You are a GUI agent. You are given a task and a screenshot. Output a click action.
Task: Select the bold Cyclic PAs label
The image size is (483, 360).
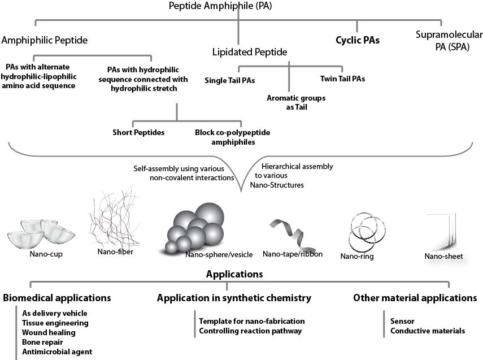point(357,41)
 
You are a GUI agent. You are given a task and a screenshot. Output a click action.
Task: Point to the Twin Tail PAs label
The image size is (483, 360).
point(342,79)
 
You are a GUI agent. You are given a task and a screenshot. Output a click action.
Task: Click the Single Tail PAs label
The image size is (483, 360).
point(229,80)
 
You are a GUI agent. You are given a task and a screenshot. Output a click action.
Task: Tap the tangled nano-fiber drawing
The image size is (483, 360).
point(115,220)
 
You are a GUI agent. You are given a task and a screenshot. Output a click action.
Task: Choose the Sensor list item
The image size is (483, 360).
point(402,320)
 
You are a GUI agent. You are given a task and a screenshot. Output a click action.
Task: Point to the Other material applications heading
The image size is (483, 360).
point(415,297)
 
